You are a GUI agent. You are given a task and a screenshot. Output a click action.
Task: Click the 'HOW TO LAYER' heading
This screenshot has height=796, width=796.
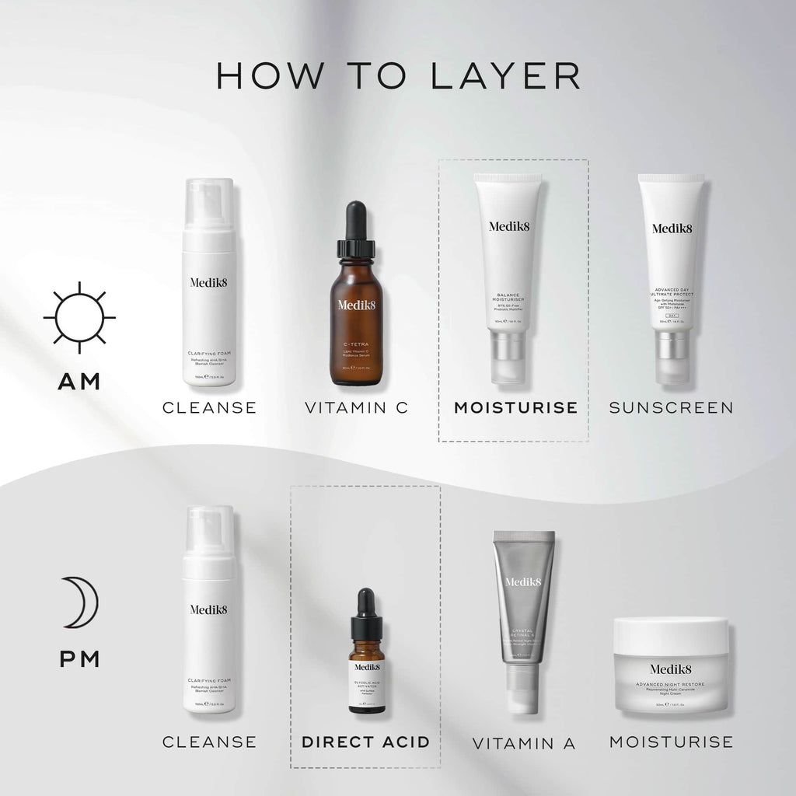tap(398, 75)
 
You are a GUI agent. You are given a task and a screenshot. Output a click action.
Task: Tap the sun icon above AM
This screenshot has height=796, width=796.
tap(79, 318)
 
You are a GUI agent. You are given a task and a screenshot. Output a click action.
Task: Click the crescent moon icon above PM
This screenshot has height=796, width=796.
tap(79, 602)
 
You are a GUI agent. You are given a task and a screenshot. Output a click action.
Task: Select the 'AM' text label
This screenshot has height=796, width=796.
tap(79, 382)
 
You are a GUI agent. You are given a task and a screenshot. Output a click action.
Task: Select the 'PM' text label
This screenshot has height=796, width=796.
tap(79, 659)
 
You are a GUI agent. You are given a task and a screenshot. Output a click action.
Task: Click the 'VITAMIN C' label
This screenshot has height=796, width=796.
tap(356, 407)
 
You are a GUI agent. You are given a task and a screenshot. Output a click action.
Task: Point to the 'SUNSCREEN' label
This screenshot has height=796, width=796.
tap(671, 407)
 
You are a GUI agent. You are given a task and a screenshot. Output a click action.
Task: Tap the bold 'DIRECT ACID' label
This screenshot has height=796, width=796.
tap(365, 742)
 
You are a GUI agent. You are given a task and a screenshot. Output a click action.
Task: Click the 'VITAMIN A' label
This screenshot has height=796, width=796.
tap(524, 743)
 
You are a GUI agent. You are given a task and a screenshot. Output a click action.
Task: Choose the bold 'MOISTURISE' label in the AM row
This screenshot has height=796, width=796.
tap(515, 407)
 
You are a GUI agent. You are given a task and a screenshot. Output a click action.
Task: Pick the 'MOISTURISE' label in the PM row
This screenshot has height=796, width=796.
tap(671, 742)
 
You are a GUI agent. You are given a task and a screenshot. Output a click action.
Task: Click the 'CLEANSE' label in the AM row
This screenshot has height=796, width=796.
tap(209, 407)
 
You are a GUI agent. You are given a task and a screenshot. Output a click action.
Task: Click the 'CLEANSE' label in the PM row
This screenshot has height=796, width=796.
tap(209, 742)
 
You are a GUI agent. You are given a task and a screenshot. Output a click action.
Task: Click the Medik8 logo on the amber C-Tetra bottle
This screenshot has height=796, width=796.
tap(356, 305)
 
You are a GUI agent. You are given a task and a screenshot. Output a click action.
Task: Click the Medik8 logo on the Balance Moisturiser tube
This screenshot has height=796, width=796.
tap(508, 227)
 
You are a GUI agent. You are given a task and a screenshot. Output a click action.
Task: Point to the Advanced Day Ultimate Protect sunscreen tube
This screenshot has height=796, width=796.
tap(671, 272)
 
